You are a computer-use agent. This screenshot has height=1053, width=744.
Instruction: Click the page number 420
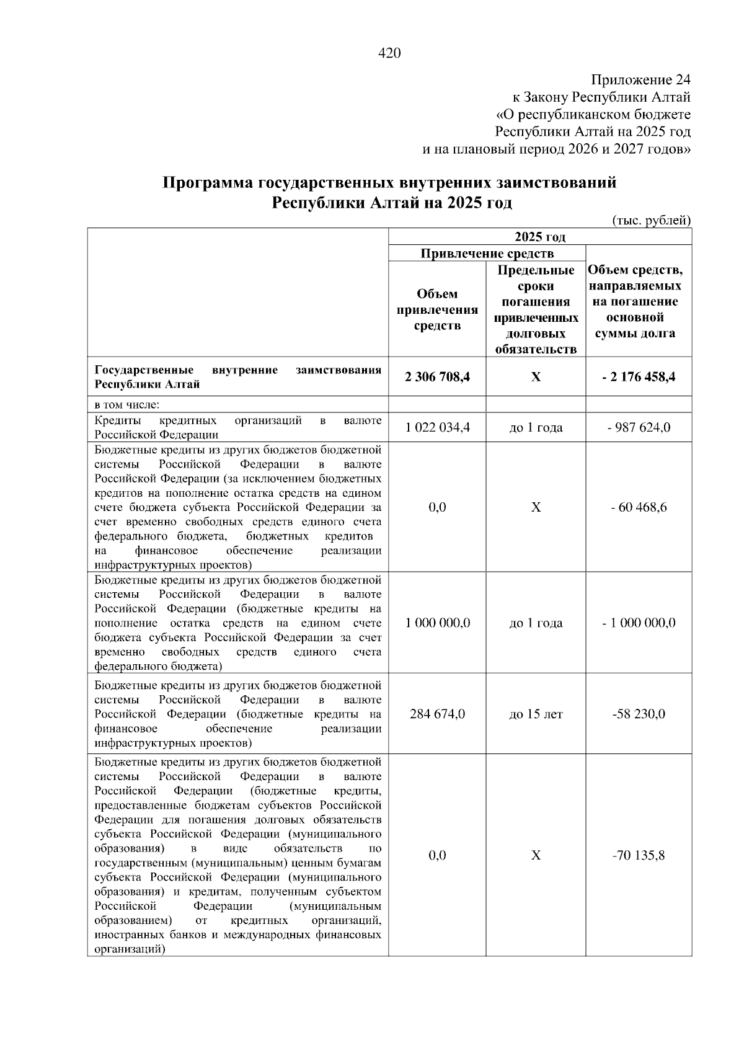[x=389, y=53]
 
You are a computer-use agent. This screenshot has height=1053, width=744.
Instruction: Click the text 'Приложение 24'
[x=640, y=80]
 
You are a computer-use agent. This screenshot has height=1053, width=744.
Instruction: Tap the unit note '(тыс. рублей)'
[x=651, y=220]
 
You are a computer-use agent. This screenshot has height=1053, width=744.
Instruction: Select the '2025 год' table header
[x=539, y=237]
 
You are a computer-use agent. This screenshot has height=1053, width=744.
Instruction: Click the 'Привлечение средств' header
[x=487, y=253]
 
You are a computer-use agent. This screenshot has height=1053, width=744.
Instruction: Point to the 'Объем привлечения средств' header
[x=437, y=309]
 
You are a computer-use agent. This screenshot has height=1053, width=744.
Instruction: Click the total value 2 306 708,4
[x=437, y=376]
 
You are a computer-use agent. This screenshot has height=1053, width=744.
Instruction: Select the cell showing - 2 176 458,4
[x=639, y=376]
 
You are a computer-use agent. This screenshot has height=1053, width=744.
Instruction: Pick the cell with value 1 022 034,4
[x=437, y=427]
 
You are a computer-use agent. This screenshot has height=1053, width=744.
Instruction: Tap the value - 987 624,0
[x=639, y=427]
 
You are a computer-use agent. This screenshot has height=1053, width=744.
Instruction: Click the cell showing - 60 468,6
[x=639, y=507]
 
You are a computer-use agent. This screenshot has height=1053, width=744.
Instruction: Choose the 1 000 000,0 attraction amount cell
[x=437, y=623]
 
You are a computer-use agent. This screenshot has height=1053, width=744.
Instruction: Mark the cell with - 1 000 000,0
[x=639, y=623]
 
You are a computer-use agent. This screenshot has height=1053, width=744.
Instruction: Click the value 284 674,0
[x=437, y=714]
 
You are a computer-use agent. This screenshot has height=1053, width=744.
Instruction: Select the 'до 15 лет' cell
[x=536, y=714]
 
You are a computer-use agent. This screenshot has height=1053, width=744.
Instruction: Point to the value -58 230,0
[x=639, y=714]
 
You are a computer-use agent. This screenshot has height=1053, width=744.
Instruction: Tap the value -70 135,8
[x=639, y=856]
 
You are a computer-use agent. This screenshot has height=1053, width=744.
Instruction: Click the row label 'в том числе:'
[x=127, y=405]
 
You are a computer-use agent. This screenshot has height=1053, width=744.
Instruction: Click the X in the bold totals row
[x=536, y=376]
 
